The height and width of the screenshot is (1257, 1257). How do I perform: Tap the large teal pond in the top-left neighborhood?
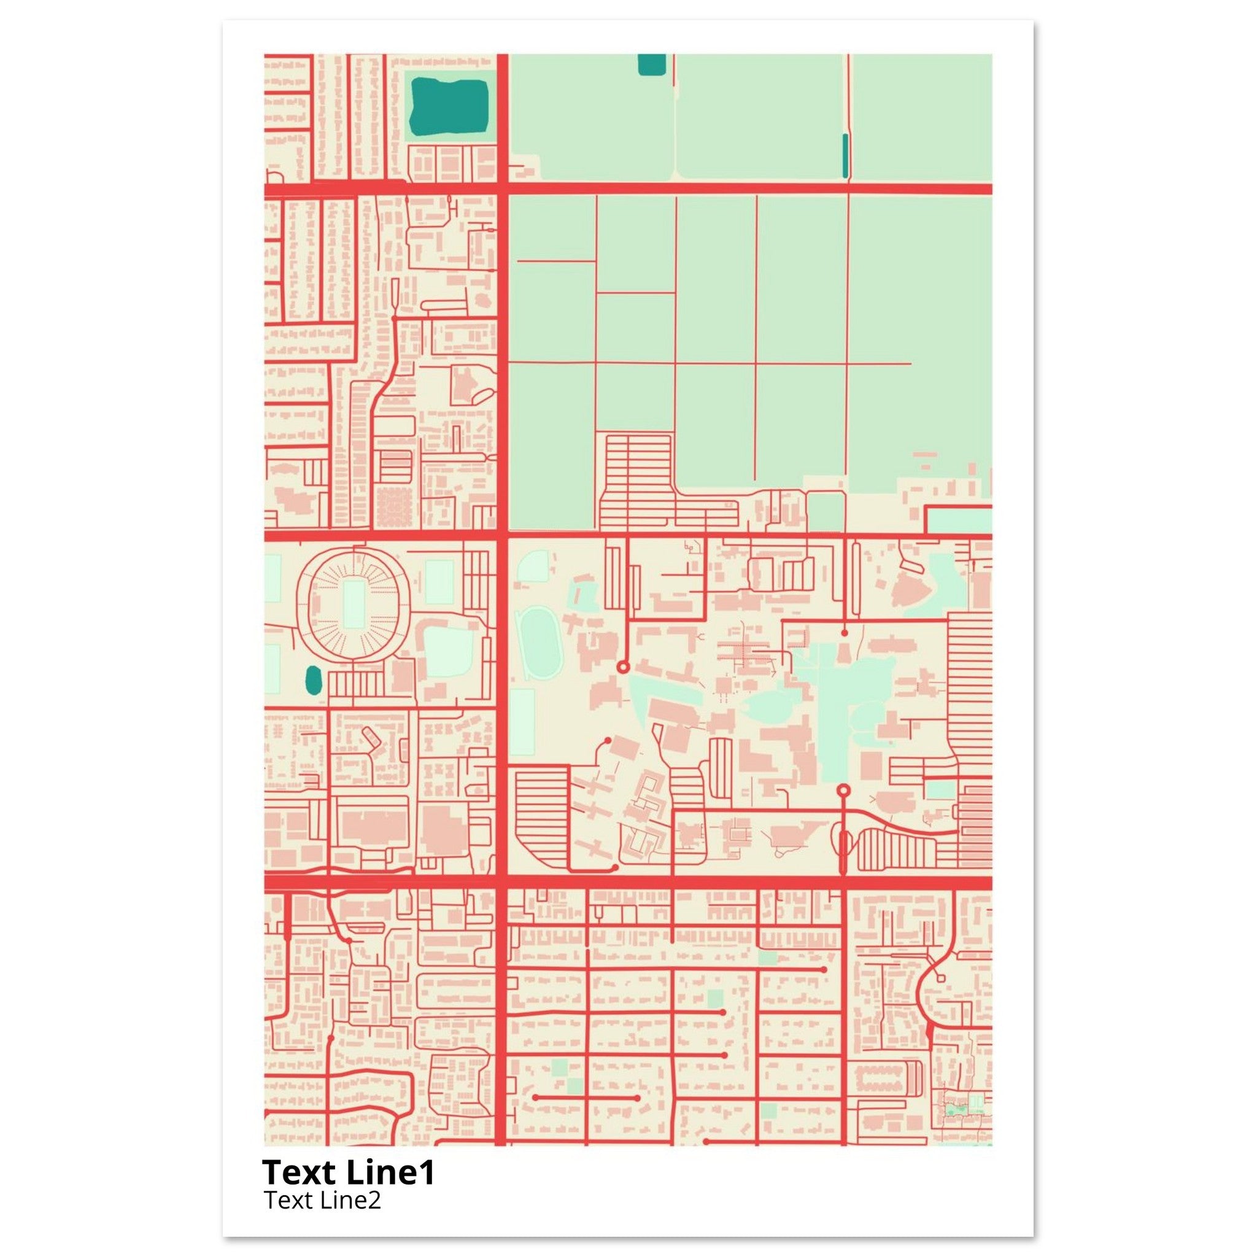click(449, 104)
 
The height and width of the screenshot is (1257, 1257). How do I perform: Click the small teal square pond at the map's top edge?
click(652, 64)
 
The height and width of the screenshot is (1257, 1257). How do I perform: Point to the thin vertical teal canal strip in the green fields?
click(845, 156)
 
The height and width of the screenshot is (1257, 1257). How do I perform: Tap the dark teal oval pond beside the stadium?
click(314, 681)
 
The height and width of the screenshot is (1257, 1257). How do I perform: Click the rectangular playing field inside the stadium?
click(354, 605)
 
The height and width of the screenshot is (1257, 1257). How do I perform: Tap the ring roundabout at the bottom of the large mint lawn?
click(844, 791)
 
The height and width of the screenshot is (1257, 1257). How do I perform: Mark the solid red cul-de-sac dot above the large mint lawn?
click(845, 632)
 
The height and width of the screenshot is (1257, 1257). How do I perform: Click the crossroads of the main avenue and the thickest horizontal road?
click(502, 882)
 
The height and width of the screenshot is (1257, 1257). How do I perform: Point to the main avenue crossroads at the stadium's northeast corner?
click(502, 537)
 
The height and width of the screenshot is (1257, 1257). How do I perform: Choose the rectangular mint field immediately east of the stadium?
click(440, 582)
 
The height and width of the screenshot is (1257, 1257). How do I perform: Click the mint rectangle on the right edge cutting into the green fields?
click(959, 520)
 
